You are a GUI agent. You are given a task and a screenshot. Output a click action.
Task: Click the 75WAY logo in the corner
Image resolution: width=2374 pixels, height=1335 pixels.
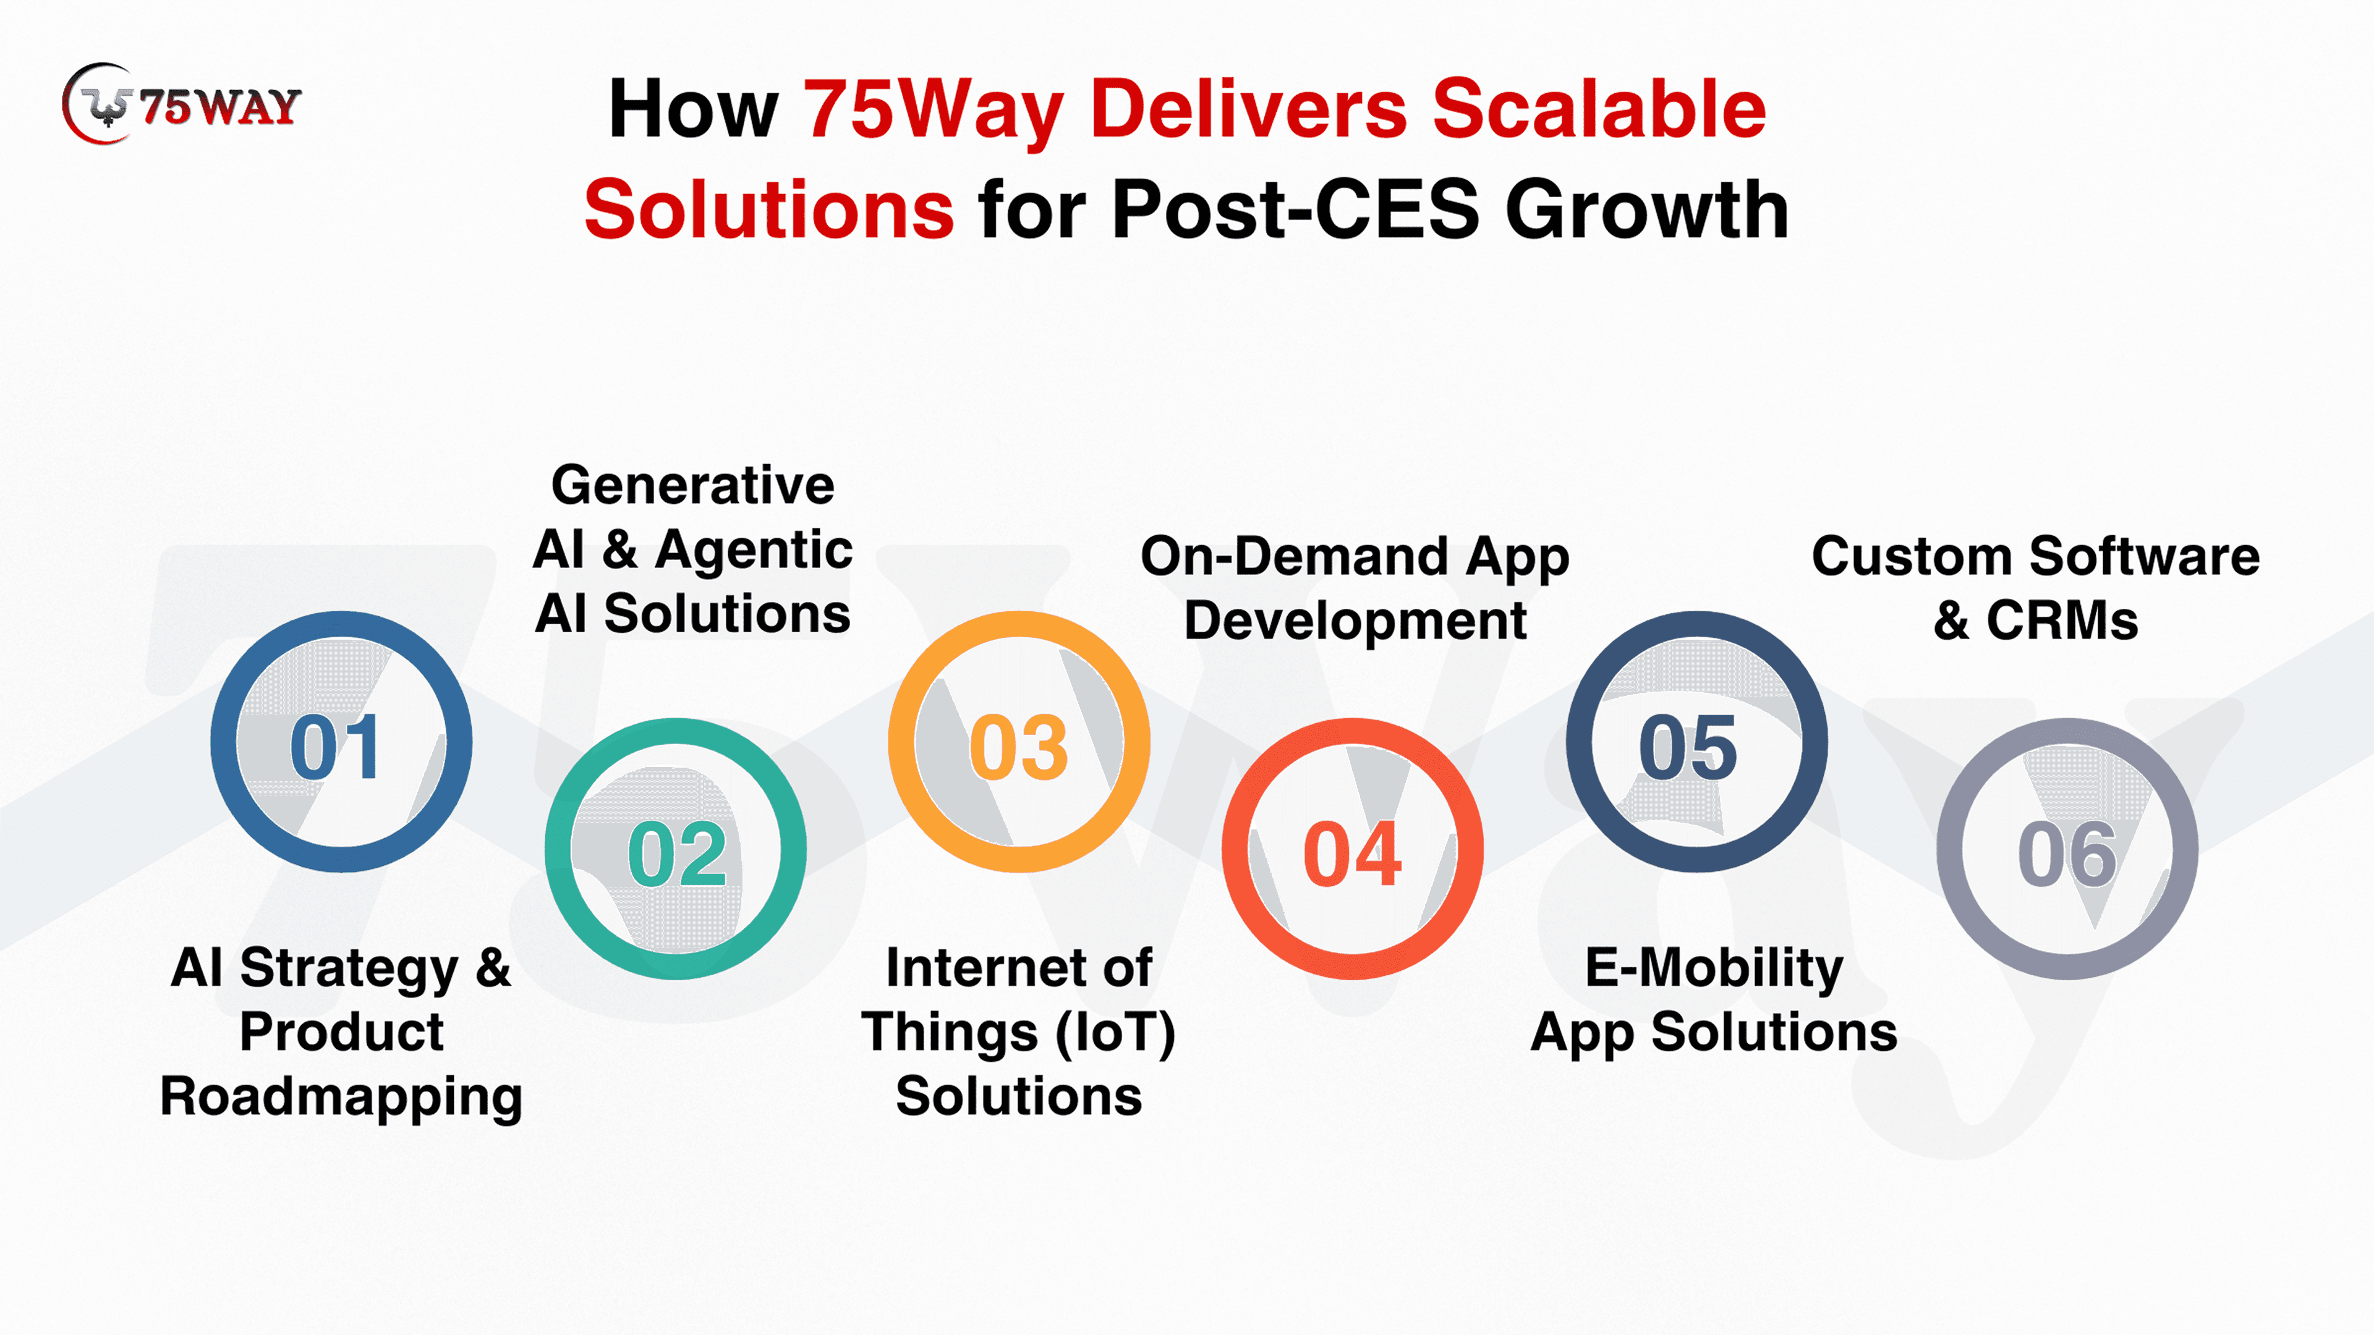tap(182, 104)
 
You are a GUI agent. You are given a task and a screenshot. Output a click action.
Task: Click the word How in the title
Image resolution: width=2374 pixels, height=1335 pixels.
tap(693, 109)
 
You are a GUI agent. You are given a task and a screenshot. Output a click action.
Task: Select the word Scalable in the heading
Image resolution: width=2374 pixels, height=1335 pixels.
tap(1598, 109)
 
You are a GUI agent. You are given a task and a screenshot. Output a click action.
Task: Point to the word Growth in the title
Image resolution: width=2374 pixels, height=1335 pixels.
tap(1647, 210)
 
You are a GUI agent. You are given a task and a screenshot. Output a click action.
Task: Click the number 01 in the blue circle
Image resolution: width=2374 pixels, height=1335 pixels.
tap(334, 746)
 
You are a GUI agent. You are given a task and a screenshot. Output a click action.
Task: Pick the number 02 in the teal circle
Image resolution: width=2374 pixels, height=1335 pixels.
tap(678, 854)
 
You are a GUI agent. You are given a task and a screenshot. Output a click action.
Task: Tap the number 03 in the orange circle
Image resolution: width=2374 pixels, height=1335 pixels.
tap(1018, 746)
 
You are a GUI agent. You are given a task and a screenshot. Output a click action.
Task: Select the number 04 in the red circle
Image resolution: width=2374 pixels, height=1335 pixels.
tap(1352, 854)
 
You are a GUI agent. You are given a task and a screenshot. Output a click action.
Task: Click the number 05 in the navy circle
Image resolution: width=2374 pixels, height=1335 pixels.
tap(1687, 746)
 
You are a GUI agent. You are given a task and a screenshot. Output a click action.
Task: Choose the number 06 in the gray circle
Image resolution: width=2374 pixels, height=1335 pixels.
tap(2067, 854)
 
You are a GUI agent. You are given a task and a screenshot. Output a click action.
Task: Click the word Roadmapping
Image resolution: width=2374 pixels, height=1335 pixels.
tap(341, 1097)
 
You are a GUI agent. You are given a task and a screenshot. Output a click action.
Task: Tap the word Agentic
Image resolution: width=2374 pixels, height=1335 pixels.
tap(754, 551)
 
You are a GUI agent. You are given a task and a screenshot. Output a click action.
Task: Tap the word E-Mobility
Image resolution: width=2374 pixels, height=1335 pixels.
tap(1714, 969)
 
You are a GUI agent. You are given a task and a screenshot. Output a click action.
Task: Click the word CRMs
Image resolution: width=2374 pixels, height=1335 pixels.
tap(2062, 621)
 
